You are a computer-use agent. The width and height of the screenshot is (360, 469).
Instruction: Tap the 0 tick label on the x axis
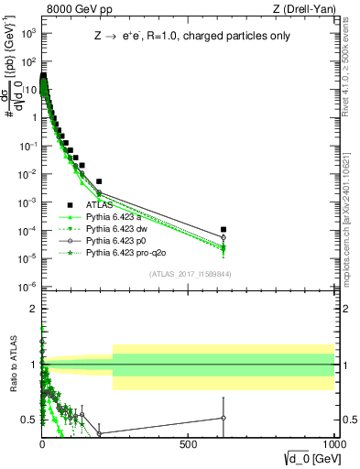[x=42, y=442]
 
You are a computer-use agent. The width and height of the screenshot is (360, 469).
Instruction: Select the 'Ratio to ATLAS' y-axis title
[x=13, y=365]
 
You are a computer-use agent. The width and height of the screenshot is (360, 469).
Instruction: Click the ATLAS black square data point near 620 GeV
[x=224, y=229]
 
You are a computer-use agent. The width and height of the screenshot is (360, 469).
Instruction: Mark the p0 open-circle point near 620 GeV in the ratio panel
[x=224, y=418]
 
